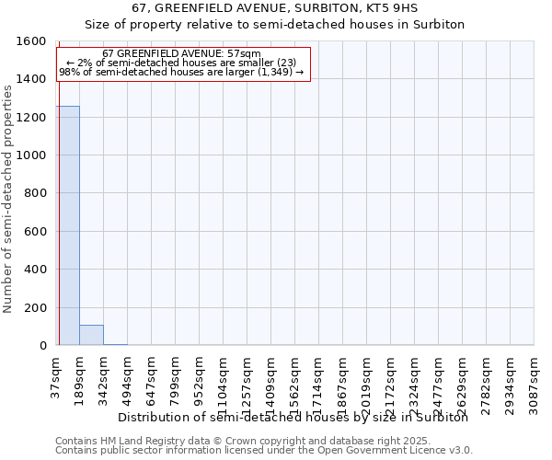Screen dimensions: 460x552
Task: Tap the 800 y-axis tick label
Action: (36, 193)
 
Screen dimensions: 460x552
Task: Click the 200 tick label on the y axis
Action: (36, 307)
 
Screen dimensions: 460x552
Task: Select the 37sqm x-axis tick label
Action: (55, 375)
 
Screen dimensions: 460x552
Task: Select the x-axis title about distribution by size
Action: (293, 417)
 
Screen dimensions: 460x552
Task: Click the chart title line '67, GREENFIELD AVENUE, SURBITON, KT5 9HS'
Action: (275, 7)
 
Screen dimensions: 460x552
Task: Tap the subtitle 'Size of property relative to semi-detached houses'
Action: (275, 24)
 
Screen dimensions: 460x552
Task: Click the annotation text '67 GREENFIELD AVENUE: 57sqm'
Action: (181, 54)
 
